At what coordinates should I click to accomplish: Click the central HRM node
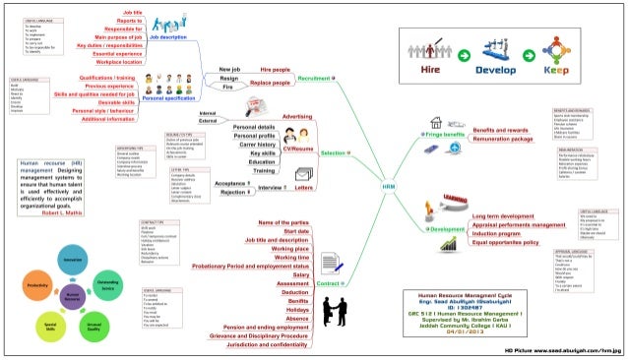(390, 184)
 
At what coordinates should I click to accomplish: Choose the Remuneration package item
(510, 140)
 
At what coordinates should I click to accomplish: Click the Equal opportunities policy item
(505, 241)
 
